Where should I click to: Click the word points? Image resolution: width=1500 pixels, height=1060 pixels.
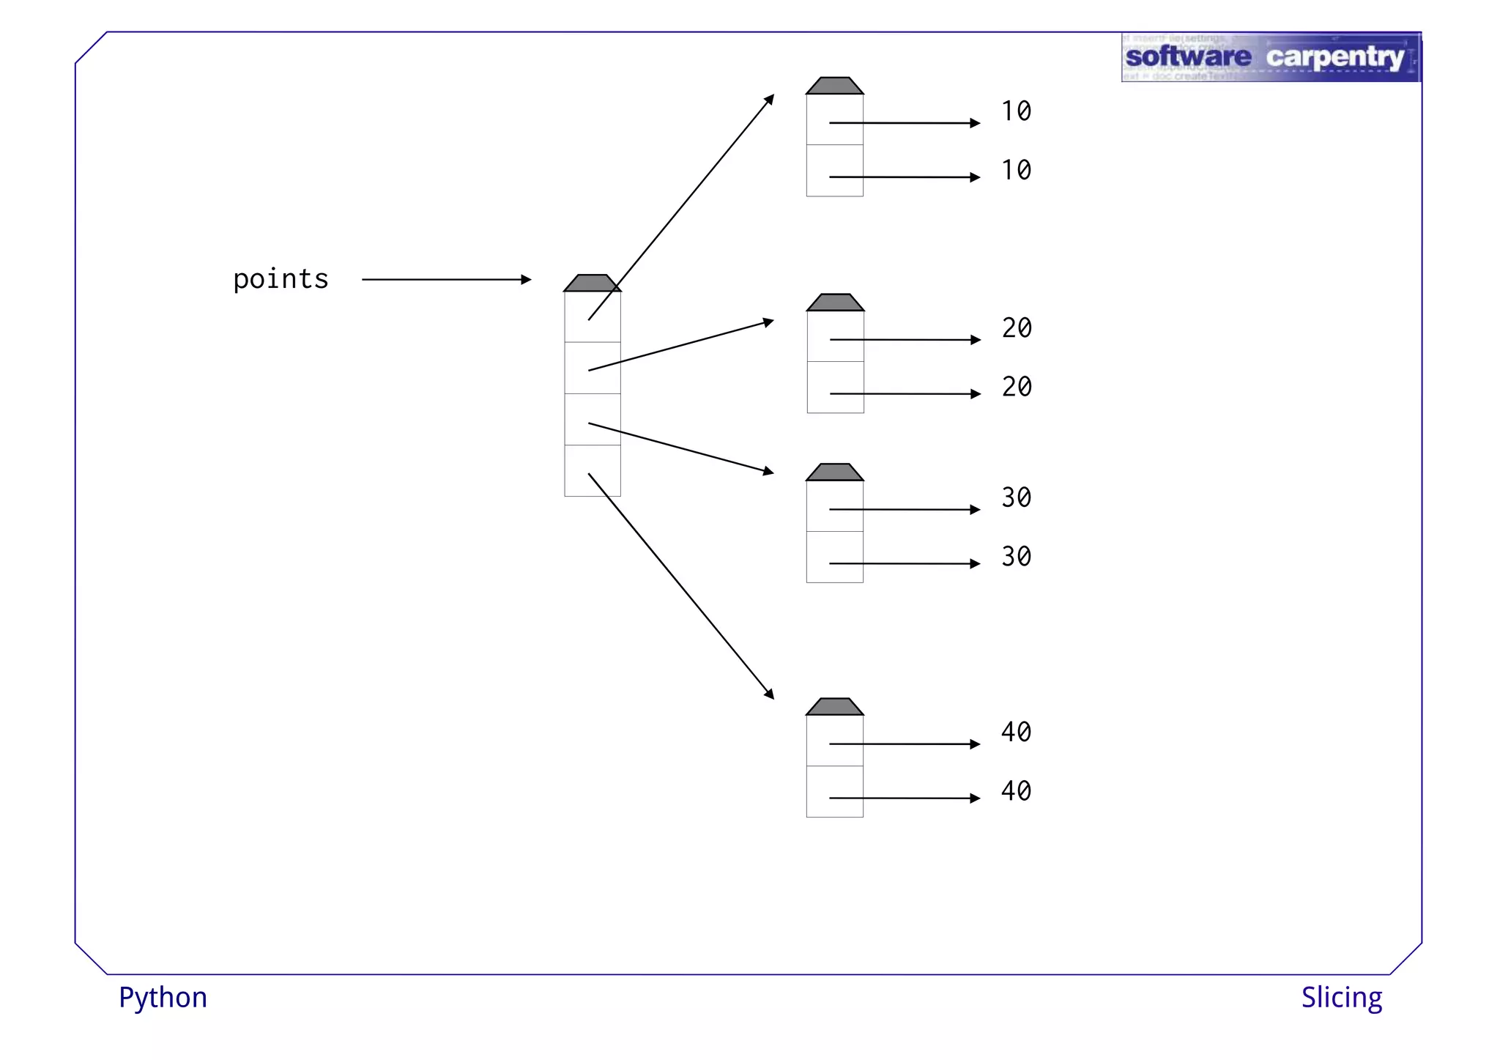281,280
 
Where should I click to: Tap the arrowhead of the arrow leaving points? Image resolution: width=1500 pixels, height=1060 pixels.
526,279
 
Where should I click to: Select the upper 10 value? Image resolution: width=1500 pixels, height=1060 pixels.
1016,111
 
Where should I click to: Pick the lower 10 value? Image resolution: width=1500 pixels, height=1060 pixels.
1016,171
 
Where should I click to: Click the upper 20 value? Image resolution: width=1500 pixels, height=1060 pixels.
1017,328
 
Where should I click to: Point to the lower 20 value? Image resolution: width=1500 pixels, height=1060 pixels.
1017,387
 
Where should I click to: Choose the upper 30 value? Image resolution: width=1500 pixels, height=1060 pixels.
1016,498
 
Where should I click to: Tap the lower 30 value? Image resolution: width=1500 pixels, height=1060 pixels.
1016,557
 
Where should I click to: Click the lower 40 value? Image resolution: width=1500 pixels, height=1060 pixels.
1016,791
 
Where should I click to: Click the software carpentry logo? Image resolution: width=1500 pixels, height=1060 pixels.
1270,57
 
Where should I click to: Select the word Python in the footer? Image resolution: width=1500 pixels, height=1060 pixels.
163,998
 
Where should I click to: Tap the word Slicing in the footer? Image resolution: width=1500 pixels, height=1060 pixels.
1341,998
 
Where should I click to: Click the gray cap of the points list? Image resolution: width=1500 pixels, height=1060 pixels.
592,283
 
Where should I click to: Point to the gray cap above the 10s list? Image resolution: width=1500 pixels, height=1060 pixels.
834,86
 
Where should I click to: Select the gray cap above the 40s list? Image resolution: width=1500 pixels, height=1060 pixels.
834,707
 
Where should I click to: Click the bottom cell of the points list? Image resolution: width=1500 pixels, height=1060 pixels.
592,471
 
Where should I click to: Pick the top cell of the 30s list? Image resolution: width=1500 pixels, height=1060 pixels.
834,506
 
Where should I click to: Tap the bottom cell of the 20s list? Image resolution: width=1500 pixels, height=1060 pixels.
835,388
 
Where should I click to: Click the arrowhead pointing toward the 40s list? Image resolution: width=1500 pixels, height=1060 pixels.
770,694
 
